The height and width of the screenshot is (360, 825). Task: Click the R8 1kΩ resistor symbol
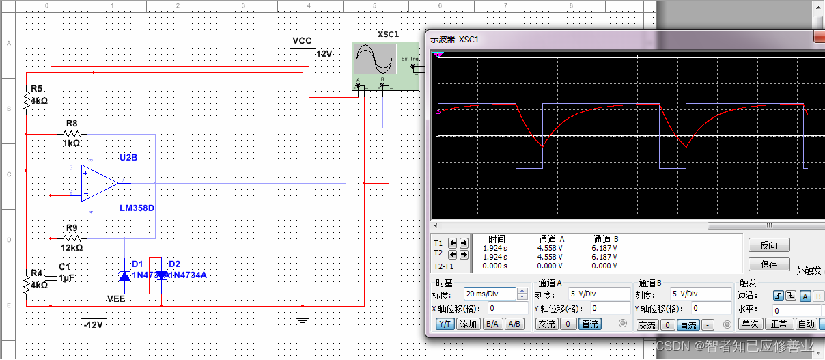[72, 134]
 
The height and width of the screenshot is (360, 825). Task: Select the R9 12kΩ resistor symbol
[72, 238]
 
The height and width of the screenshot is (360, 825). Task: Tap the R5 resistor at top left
[26, 100]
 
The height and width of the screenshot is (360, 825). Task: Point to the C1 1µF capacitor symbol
[52, 277]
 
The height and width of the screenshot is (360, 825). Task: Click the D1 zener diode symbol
[124, 275]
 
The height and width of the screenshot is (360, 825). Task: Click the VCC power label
[302, 41]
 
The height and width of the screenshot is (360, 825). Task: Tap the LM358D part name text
[137, 208]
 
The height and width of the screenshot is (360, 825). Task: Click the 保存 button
[768, 264]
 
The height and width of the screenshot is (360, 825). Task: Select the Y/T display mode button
[445, 324]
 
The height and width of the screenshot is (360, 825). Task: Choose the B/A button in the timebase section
[490, 324]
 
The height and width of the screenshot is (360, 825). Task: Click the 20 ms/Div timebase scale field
[490, 294]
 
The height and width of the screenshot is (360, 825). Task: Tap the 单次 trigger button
[751, 324]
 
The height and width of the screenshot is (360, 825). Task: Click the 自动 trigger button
[806, 324]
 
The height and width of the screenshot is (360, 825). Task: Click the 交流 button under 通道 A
[546, 324]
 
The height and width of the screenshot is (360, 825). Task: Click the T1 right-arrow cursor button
[464, 243]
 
